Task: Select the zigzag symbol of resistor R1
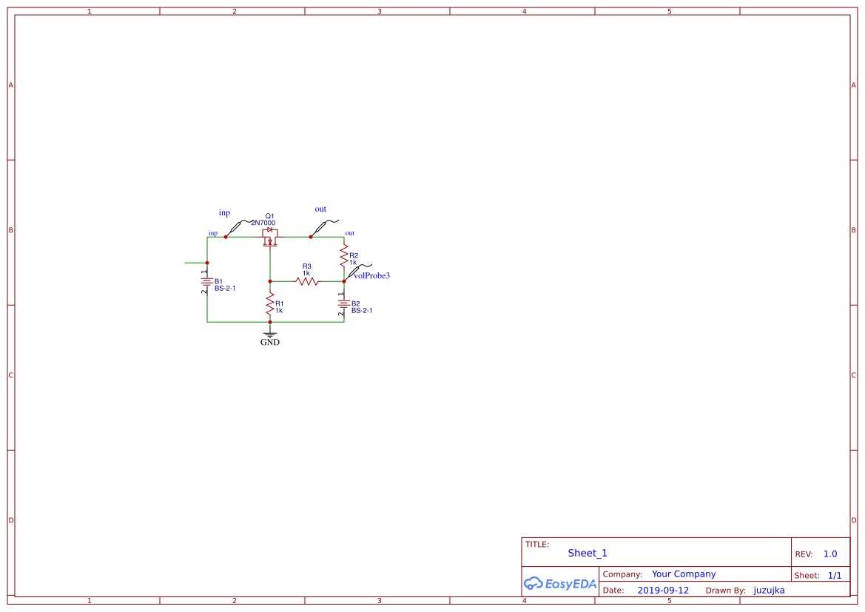pyautogui.click(x=270, y=305)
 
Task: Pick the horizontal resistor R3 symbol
pyautogui.click(x=307, y=281)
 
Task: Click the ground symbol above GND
pyautogui.click(x=270, y=334)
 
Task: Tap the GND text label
pyautogui.click(x=270, y=343)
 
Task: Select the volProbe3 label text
pyautogui.click(x=372, y=276)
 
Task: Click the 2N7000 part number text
pyautogui.click(x=263, y=223)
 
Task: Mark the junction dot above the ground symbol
pyautogui.click(x=270, y=322)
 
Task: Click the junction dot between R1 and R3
pyautogui.click(x=270, y=281)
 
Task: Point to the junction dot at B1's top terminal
pyautogui.click(x=207, y=263)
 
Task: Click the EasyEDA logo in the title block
pyautogui.click(x=560, y=583)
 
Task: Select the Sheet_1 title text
pyautogui.click(x=588, y=554)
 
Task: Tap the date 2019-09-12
pyautogui.click(x=663, y=591)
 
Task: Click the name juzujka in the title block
pyautogui.click(x=769, y=591)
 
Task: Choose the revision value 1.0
pyautogui.click(x=830, y=554)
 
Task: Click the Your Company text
pyautogui.click(x=684, y=574)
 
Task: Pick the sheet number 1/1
pyautogui.click(x=835, y=575)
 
